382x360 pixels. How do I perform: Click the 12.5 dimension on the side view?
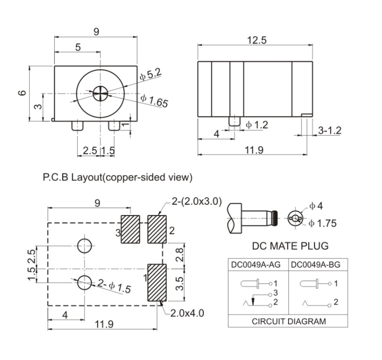point(257,40)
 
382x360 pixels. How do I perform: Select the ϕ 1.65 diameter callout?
point(154,100)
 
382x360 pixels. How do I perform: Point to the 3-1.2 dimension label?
point(329,130)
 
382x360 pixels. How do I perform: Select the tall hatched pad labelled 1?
point(157,283)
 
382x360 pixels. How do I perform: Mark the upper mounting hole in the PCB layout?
point(84,245)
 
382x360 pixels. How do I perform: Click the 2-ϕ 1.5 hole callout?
point(114,286)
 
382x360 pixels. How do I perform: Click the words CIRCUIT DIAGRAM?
point(289,321)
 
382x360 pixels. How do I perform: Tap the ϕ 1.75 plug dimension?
point(322,223)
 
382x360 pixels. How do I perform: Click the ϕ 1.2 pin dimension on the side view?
point(257,125)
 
